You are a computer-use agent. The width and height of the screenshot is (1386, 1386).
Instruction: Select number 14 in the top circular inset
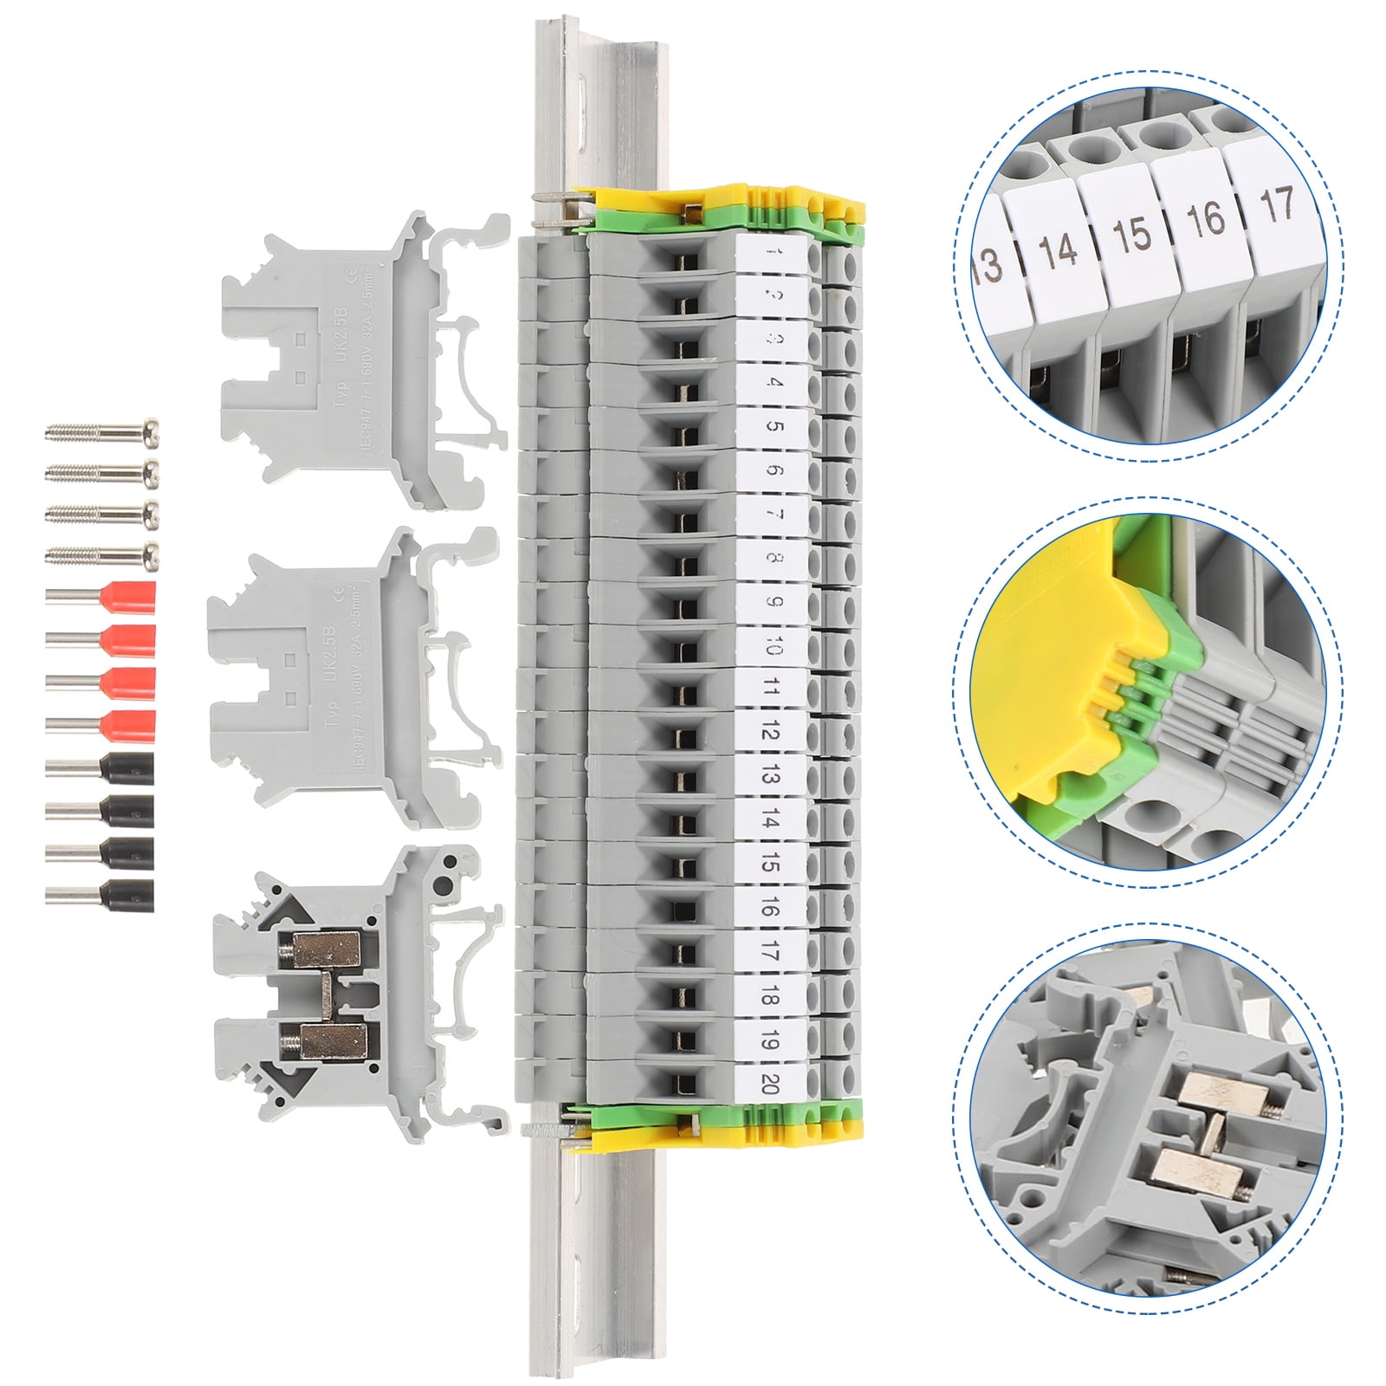[1058, 249]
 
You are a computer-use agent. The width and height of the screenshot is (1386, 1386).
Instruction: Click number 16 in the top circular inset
[1205, 219]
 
